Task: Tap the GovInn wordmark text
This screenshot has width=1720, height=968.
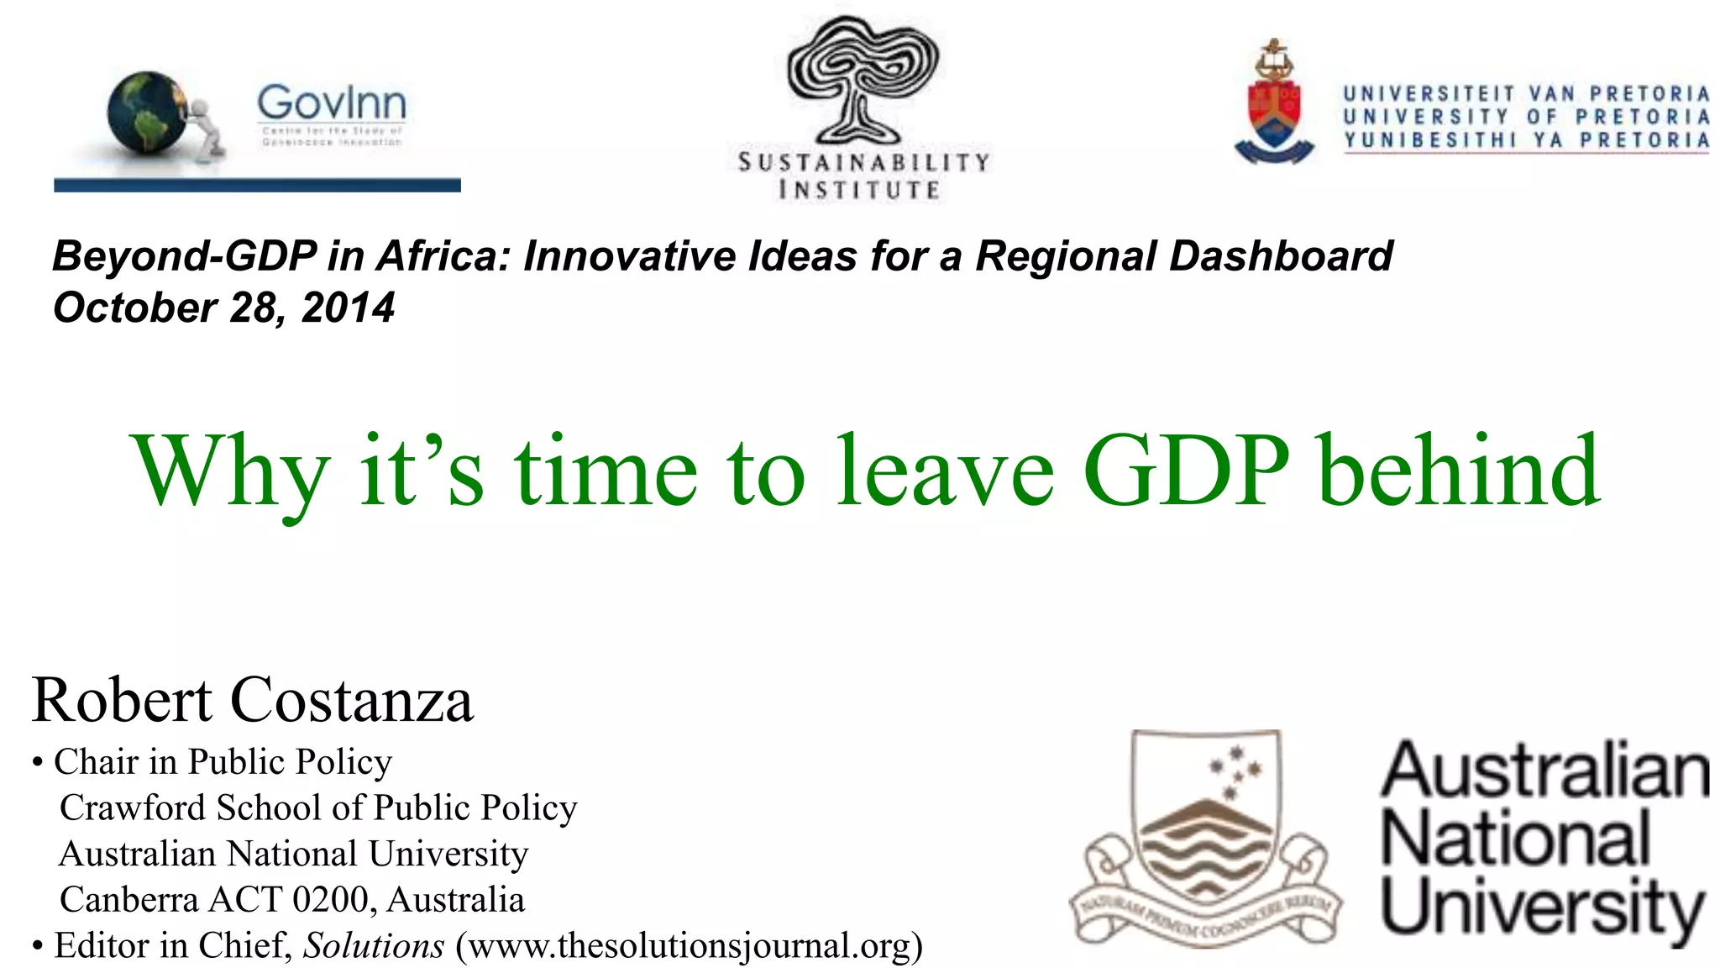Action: [332, 103]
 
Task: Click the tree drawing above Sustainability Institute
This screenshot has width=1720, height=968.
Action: [863, 80]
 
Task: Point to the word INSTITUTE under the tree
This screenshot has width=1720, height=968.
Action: [859, 190]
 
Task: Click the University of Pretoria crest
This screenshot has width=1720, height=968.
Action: [1274, 105]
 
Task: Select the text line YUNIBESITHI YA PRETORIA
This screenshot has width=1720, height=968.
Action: [1526, 140]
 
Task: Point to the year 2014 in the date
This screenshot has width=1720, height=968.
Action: [348, 308]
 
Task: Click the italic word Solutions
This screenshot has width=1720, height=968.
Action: [374, 946]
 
